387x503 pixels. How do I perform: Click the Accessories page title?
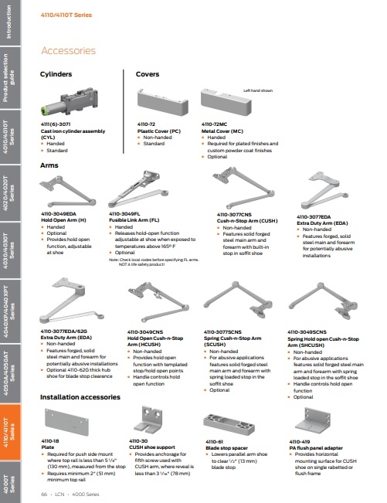click(x=68, y=51)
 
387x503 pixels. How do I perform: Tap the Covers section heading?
click(x=147, y=76)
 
